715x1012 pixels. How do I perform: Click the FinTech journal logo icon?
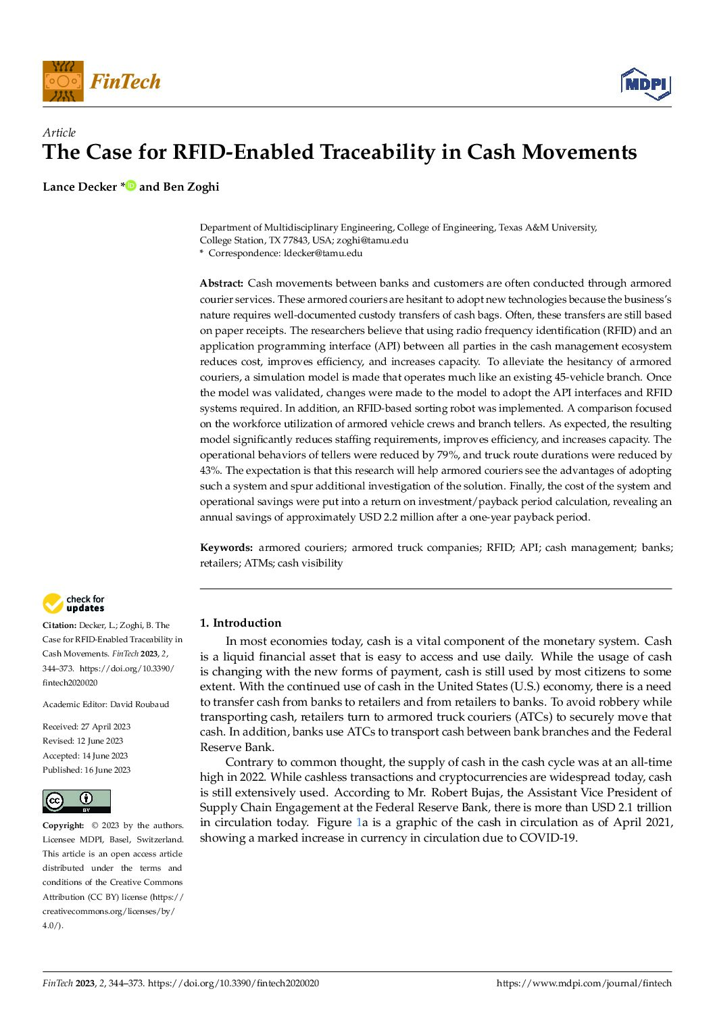pyautogui.click(x=63, y=81)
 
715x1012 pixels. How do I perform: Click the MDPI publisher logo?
pyautogui.click(x=645, y=84)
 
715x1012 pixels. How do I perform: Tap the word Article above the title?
pyautogui.click(x=59, y=132)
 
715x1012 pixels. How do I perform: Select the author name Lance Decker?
pyautogui.click(x=80, y=187)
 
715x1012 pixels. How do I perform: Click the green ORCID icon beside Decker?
pyautogui.click(x=130, y=185)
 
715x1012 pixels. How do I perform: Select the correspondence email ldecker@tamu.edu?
pyautogui.click(x=323, y=253)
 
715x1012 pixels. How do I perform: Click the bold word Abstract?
pyautogui.click(x=222, y=283)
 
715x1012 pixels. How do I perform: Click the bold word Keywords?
pyautogui.click(x=226, y=548)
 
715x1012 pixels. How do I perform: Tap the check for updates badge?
pyautogui.click(x=74, y=603)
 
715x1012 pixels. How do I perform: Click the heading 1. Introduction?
pyautogui.click(x=241, y=623)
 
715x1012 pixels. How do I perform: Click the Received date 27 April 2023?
pyautogui.click(x=105, y=727)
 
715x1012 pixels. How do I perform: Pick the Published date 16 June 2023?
pyautogui.click(x=107, y=770)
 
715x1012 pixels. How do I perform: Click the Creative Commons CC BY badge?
pyautogui.click(x=76, y=801)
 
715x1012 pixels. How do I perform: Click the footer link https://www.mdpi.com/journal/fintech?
pyautogui.click(x=584, y=983)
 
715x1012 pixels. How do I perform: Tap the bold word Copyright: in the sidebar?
pyautogui.click(x=64, y=825)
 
